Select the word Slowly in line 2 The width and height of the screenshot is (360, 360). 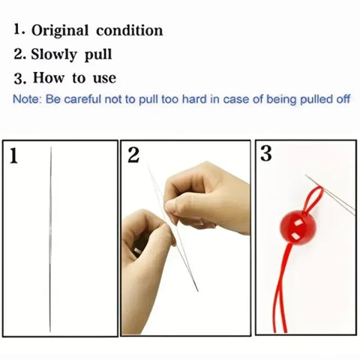56,55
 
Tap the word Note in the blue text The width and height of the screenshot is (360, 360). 25,99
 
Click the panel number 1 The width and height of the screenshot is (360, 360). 14,157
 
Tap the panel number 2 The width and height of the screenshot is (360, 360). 133,156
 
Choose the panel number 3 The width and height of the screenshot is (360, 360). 266,154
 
